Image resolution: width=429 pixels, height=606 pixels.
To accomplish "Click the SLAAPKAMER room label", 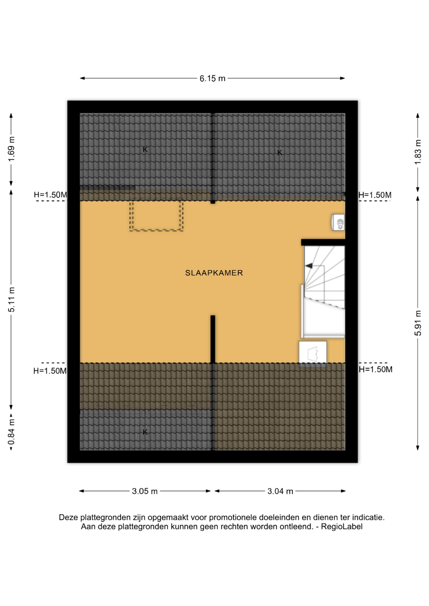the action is tap(214, 273).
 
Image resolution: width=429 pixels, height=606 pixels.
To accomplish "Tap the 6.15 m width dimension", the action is tap(212, 78).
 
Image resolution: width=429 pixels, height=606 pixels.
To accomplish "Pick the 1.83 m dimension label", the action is tap(418, 152).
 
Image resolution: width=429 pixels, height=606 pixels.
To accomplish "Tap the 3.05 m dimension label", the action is tap(145, 491).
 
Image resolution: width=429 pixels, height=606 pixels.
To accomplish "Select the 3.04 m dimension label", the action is tap(280, 491).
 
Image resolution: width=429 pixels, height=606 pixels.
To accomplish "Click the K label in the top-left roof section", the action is tap(145, 150).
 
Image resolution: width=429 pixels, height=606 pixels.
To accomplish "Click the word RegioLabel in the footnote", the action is tap(342, 526).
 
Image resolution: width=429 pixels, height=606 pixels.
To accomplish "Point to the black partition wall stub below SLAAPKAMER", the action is tap(213, 339).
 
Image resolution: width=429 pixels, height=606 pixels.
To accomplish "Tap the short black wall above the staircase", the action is tap(323, 242).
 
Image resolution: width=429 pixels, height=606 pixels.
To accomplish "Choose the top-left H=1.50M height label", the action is tap(50, 195).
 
